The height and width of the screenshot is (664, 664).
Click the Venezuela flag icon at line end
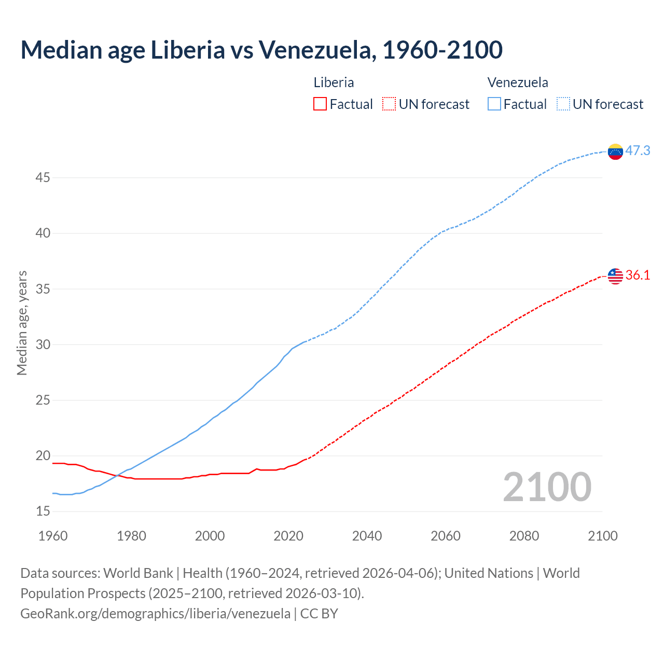tap(615, 151)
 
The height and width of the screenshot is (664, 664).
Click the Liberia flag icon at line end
tap(615, 276)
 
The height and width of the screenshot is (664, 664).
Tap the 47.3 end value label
tap(638, 151)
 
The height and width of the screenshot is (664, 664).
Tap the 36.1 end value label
tap(638, 275)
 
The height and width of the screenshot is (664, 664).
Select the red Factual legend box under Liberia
tap(320, 104)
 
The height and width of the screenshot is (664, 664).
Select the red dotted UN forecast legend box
tap(389, 104)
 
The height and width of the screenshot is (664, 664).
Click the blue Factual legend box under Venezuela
tap(494, 104)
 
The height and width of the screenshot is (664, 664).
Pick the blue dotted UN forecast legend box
tap(563, 104)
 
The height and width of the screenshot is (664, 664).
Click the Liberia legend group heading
tap(334, 82)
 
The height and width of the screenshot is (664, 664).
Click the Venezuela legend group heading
tap(518, 82)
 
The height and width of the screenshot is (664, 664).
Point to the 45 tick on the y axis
tap(43, 178)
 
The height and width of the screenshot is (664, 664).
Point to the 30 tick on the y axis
tap(43, 345)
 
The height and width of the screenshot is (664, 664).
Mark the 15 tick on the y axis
tap(43, 511)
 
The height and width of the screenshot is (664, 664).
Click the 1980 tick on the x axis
tap(131, 536)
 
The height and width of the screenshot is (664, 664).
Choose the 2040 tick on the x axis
tap(367, 536)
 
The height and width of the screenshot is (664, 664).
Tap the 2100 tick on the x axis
tap(602, 536)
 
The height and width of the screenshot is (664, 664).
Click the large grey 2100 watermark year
tap(547, 487)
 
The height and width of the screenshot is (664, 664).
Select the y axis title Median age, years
tap(22, 323)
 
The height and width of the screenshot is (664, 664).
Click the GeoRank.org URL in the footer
tap(155, 614)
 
